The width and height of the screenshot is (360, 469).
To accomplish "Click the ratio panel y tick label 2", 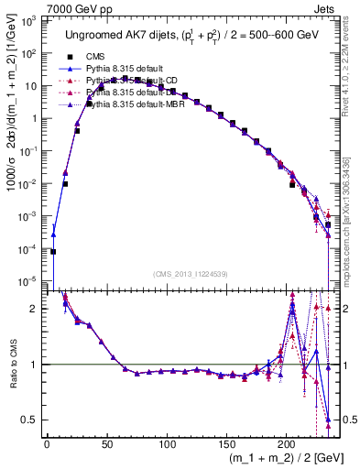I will (35, 309).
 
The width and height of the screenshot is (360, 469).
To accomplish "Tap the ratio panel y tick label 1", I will (35, 365).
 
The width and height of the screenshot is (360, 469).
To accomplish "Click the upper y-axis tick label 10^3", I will (29, 20).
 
